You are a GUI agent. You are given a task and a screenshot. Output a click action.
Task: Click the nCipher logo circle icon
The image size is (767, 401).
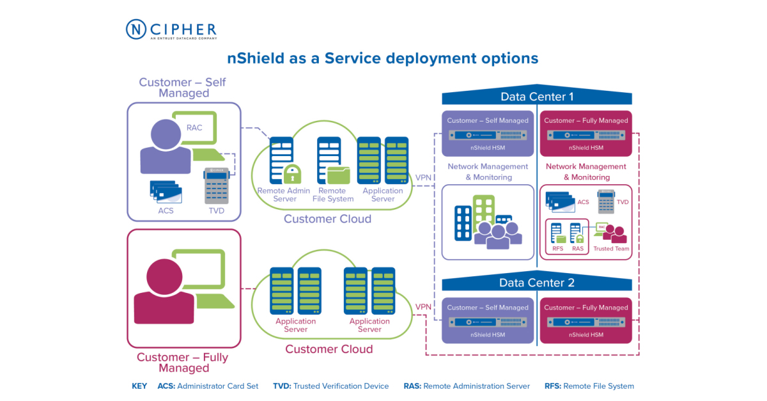click(x=137, y=29)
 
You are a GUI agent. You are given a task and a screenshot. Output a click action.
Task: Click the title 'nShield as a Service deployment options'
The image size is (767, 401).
click(x=383, y=58)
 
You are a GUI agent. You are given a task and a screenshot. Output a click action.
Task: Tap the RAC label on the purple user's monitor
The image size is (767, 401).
click(x=194, y=127)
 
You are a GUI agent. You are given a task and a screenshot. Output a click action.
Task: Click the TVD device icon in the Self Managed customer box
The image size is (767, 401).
click(x=216, y=185)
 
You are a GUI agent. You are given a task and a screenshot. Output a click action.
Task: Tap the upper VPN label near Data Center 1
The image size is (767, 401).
click(x=423, y=177)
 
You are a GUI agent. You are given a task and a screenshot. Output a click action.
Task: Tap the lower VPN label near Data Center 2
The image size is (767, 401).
click(x=423, y=306)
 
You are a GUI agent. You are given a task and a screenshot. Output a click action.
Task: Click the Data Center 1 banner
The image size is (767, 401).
click(x=536, y=97)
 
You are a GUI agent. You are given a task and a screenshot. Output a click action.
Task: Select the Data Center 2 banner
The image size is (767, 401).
click(x=536, y=283)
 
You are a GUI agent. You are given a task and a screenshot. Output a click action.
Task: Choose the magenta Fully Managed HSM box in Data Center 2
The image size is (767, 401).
click(x=586, y=320)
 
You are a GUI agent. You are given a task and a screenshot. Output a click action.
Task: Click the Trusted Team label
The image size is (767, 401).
click(x=611, y=249)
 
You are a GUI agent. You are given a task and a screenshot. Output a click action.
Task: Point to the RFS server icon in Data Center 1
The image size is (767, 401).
click(x=557, y=233)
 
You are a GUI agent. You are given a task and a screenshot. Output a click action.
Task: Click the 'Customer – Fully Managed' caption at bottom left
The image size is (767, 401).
click(x=183, y=363)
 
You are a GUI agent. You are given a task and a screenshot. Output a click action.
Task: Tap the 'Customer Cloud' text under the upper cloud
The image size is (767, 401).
click(x=327, y=219)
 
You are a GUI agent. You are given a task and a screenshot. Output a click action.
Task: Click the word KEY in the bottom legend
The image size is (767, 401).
click(x=139, y=386)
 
